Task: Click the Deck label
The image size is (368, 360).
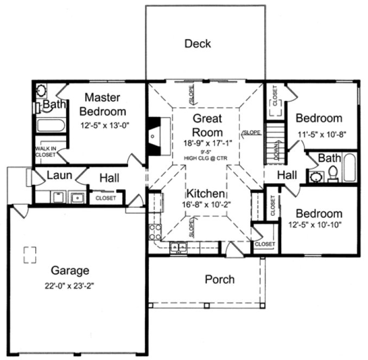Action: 197,43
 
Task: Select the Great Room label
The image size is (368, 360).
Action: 207,125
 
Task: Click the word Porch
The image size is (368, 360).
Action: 220,280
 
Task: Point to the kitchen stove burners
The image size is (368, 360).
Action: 155,232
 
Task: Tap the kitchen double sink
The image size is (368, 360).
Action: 178,247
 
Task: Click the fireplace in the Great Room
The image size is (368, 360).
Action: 154,132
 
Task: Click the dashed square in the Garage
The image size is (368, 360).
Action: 30,254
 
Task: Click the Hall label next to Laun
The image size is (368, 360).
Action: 109,177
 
